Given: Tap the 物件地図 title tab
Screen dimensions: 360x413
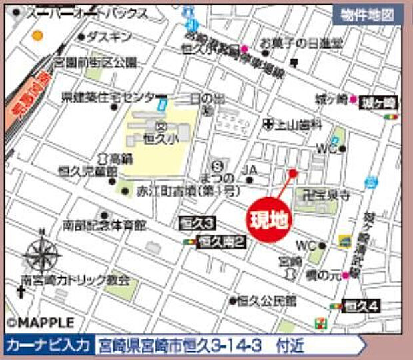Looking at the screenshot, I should (x=367, y=13).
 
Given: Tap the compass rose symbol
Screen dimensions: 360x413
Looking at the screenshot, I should (x=43, y=254).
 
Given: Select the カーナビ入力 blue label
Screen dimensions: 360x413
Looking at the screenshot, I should (x=47, y=345).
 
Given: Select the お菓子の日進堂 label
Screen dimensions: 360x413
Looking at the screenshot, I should (x=301, y=43).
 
